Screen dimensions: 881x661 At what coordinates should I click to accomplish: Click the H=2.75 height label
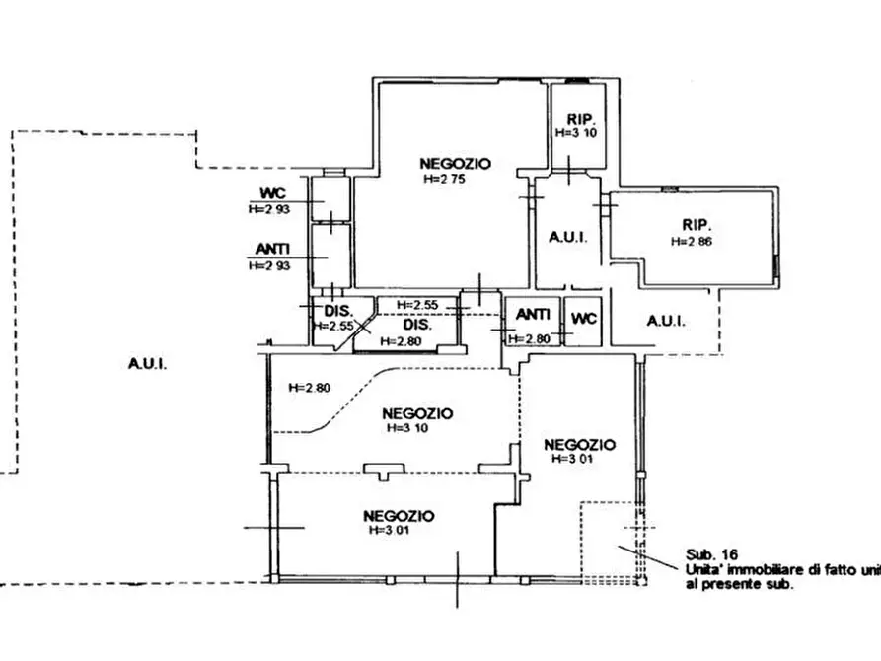[444, 180]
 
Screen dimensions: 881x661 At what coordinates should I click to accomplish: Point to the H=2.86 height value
[692, 241]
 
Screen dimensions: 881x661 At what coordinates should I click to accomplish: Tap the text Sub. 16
[711, 555]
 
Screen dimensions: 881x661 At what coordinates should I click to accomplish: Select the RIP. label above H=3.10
[580, 119]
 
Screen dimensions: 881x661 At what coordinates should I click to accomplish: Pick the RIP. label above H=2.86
[697, 225]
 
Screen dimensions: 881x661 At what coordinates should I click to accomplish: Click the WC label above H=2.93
[272, 193]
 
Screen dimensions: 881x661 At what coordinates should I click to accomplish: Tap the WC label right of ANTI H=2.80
[584, 319]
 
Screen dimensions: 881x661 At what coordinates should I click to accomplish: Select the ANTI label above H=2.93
[272, 249]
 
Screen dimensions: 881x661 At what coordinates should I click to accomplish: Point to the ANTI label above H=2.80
[533, 314]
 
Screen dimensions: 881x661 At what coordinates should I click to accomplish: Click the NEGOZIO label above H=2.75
[455, 164]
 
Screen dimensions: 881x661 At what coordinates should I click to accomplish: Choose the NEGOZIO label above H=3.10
[417, 413]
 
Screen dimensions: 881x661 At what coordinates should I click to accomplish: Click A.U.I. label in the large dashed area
[147, 364]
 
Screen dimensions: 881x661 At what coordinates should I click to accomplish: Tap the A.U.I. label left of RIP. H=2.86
[568, 237]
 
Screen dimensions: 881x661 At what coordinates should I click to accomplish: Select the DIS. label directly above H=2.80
[417, 325]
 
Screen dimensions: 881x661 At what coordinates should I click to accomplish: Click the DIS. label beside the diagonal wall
[338, 311]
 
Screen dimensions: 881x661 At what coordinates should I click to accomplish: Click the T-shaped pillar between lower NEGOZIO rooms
[384, 471]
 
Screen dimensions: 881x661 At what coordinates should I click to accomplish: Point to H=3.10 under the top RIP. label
[576, 133]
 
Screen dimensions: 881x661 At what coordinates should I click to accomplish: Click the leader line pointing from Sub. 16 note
[648, 557]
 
